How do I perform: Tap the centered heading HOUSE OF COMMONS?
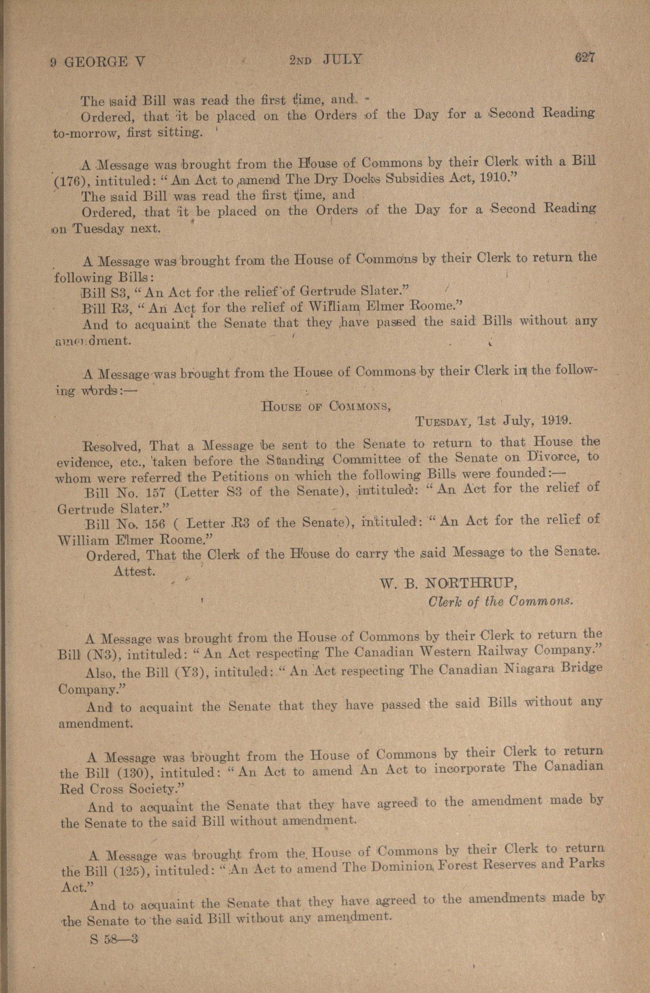pos(325,406)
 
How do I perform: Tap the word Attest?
pos(134,571)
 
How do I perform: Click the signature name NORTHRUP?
pos(470,583)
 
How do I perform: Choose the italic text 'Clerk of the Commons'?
pos(500,601)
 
